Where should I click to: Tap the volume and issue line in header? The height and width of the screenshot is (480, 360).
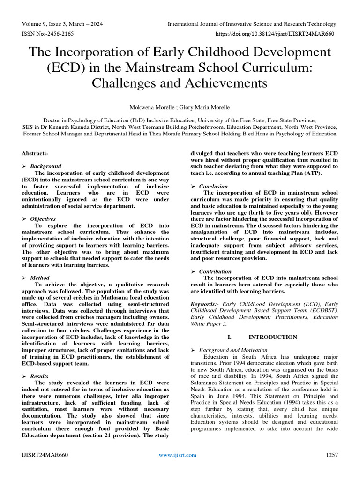tap(62, 24)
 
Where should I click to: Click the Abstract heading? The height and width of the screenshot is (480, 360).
tap(35, 153)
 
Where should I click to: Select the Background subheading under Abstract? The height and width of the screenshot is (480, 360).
tap(45, 166)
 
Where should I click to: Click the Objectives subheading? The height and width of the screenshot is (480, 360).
tap(43, 219)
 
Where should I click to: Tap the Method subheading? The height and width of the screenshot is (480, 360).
tap(41, 278)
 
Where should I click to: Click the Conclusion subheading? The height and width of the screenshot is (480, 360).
tap(214, 186)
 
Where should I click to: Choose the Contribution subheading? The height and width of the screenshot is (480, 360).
tap(215, 271)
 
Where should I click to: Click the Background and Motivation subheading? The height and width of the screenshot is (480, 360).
tap(233, 350)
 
